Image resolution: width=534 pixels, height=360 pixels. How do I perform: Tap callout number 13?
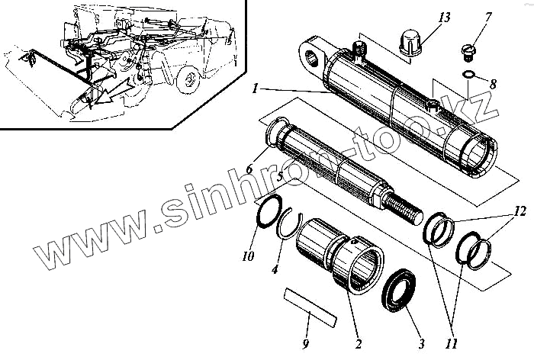click(446, 17)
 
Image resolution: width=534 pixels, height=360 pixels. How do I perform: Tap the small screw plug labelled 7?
click(468, 53)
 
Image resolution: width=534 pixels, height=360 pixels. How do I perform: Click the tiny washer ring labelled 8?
click(470, 74)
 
